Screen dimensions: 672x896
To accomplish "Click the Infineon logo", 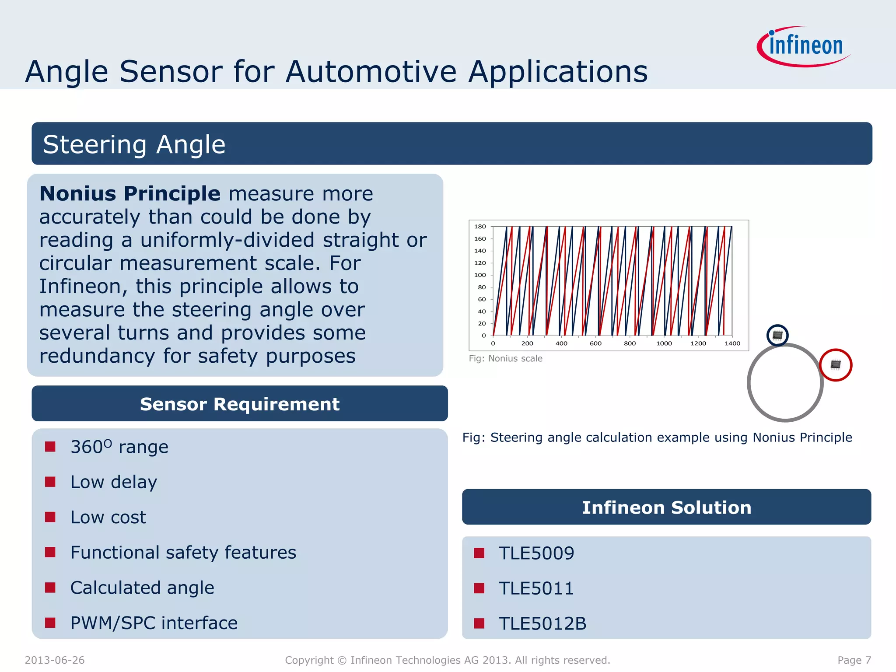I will click(804, 46).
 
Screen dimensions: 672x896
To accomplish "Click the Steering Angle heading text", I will click(134, 144).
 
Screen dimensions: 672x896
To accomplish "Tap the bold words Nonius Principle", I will click(130, 193).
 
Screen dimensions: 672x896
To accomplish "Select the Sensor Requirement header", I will click(239, 404).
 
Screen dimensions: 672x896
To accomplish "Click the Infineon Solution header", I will click(666, 507).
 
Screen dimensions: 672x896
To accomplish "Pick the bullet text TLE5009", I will click(536, 553).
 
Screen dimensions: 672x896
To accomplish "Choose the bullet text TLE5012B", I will click(542, 623).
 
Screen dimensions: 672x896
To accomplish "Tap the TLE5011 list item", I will click(536, 588).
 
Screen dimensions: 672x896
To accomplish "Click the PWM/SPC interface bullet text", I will click(154, 623).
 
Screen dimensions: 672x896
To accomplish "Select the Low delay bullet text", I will click(114, 482).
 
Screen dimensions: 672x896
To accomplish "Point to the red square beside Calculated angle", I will click(50, 587).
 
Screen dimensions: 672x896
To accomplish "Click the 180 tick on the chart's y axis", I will click(480, 227).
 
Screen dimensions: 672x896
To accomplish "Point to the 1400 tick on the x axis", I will click(732, 343).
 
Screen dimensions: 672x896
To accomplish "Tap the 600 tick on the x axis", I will click(595, 343).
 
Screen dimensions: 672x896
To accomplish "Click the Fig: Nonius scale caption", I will click(505, 359).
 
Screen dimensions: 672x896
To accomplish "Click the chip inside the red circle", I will click(835, 364).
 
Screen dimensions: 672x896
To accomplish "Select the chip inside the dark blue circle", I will click(777, 336).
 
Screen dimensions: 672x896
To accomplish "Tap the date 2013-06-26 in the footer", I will click(55, 660).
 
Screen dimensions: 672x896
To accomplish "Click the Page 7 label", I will click(854, 660).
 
